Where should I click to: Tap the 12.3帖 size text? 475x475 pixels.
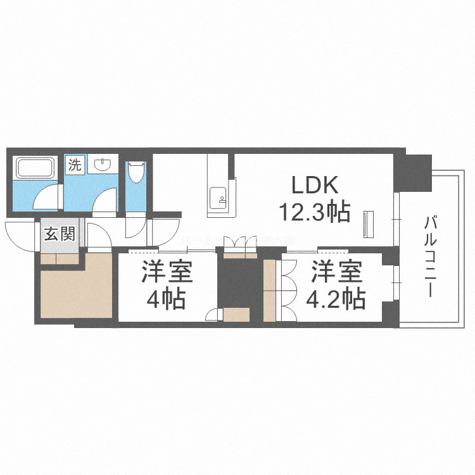click(315, 213)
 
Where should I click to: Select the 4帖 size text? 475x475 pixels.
click(167, 298)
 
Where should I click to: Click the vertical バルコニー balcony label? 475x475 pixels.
click(433, 256)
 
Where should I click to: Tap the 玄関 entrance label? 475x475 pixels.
click(59, 234)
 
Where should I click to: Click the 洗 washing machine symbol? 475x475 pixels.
click(75, 166)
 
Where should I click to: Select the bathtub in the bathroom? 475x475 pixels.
click(35, 168)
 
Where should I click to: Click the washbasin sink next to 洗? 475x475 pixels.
click(102, 166)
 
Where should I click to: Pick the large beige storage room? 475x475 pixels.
click(76, 291)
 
